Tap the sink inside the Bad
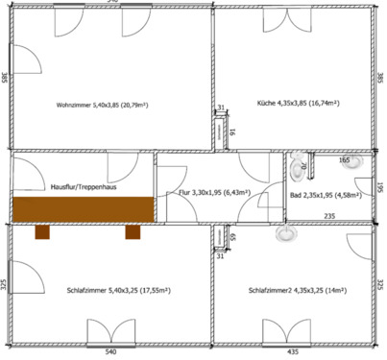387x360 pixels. click(359, 161)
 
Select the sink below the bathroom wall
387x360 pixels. click(286, 232)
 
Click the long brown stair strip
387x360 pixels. click(83, 209)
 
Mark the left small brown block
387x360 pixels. click(42, 230)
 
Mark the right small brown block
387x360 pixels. click(132, 230)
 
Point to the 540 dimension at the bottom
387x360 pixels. click(110, 353)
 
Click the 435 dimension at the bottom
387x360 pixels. click(294, 353)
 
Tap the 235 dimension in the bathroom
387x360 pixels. click(328, 217)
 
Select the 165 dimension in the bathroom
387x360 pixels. click(343, 161)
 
